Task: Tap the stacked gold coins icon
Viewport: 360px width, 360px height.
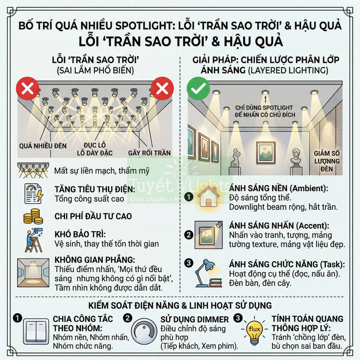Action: point(33,216)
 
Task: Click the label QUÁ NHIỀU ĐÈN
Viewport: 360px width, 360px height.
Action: point(43,146)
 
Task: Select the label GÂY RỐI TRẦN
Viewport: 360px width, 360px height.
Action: point(149,153)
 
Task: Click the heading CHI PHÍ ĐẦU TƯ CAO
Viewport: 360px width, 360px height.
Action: point(93,216)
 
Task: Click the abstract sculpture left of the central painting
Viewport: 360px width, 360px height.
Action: point(236,157)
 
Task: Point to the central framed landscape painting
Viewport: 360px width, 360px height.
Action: point(266,152)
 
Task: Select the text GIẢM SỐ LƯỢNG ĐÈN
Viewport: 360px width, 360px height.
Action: point(327,161)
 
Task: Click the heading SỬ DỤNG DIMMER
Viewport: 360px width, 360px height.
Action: point(195,319)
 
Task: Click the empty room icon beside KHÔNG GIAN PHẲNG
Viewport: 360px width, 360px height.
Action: point(33,272)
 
